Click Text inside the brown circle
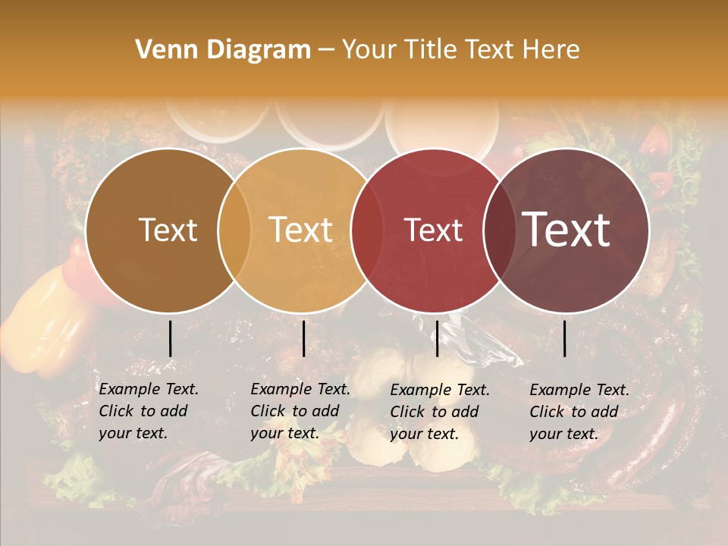[x=168, y=231]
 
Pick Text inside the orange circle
[x=301, y=231]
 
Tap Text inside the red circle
[x=433, y=231]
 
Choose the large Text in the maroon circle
[x=566, y=229]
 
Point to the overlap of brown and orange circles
[x=234, y=231]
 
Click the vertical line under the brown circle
[x=171, y=339]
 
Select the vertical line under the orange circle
[x=303, y=339]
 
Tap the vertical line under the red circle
[x=437, y=339]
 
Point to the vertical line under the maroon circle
[x=565, y=339]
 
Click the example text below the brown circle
[x=148, y=411]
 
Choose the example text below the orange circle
[x=300, y=411]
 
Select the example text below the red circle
[x=439, y=412]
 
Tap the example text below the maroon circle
[x=579, y=412]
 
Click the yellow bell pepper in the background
[x=45, y=318]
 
